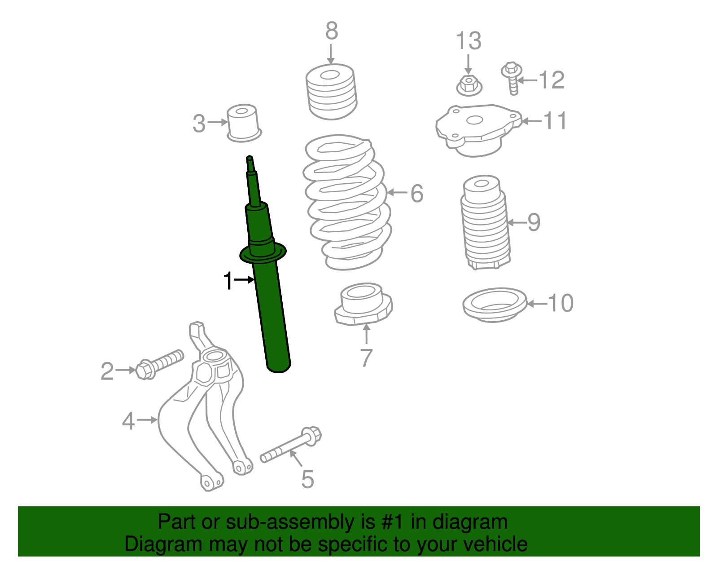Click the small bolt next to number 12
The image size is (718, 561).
click(512, 78)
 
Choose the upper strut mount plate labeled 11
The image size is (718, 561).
click(478, 130)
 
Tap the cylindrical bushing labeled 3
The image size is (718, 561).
click(244, 123)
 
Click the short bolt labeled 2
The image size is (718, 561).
click(160, 365)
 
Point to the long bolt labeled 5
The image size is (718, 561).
click(291, 445)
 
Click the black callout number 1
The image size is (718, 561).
click(228, 281)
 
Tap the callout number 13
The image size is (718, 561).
click(468, 41)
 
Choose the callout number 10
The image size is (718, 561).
click(561, 303)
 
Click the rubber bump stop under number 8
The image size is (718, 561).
click(331, 92)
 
